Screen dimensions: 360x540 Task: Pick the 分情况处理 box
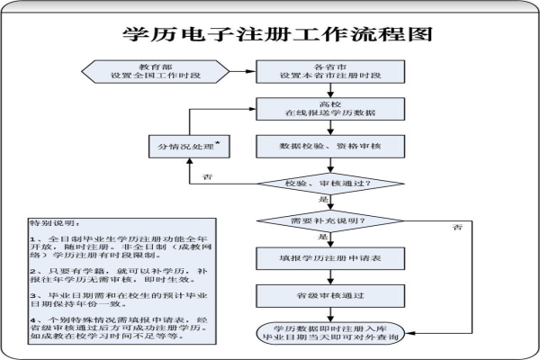click(186, 146)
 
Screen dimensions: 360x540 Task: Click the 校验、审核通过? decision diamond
click(327, 184)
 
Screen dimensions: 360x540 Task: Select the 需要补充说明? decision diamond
click(327, 220)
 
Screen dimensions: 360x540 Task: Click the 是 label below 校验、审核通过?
click(334, 199)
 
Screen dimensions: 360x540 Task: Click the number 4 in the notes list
click(32, 319)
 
